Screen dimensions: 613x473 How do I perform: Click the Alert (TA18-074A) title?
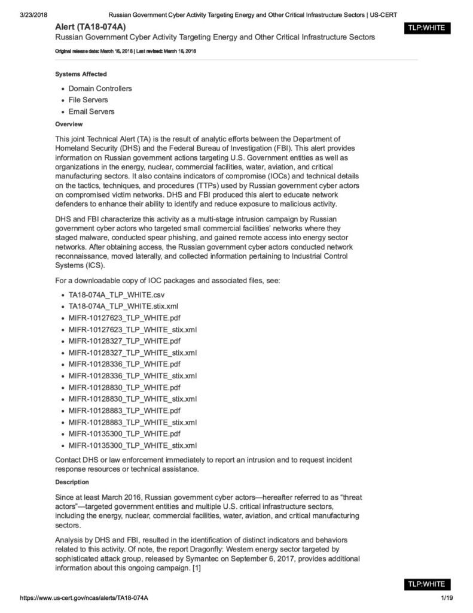pos(90,27)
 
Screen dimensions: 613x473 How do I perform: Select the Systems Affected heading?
pos(81,74)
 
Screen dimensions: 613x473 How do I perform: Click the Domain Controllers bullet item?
pos(100,89)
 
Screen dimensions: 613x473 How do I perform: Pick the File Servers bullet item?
pos(88,100)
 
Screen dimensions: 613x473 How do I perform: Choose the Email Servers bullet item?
pos(91,111)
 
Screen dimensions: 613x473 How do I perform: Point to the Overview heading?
pos(69,125)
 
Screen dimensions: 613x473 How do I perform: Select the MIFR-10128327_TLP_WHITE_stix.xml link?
pos(132,353)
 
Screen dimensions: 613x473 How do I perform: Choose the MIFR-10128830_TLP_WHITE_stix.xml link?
pos(132,399)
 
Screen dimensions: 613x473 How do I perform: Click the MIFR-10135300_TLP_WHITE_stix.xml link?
pos(132,445)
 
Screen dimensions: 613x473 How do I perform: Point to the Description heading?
pos(72,482)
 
